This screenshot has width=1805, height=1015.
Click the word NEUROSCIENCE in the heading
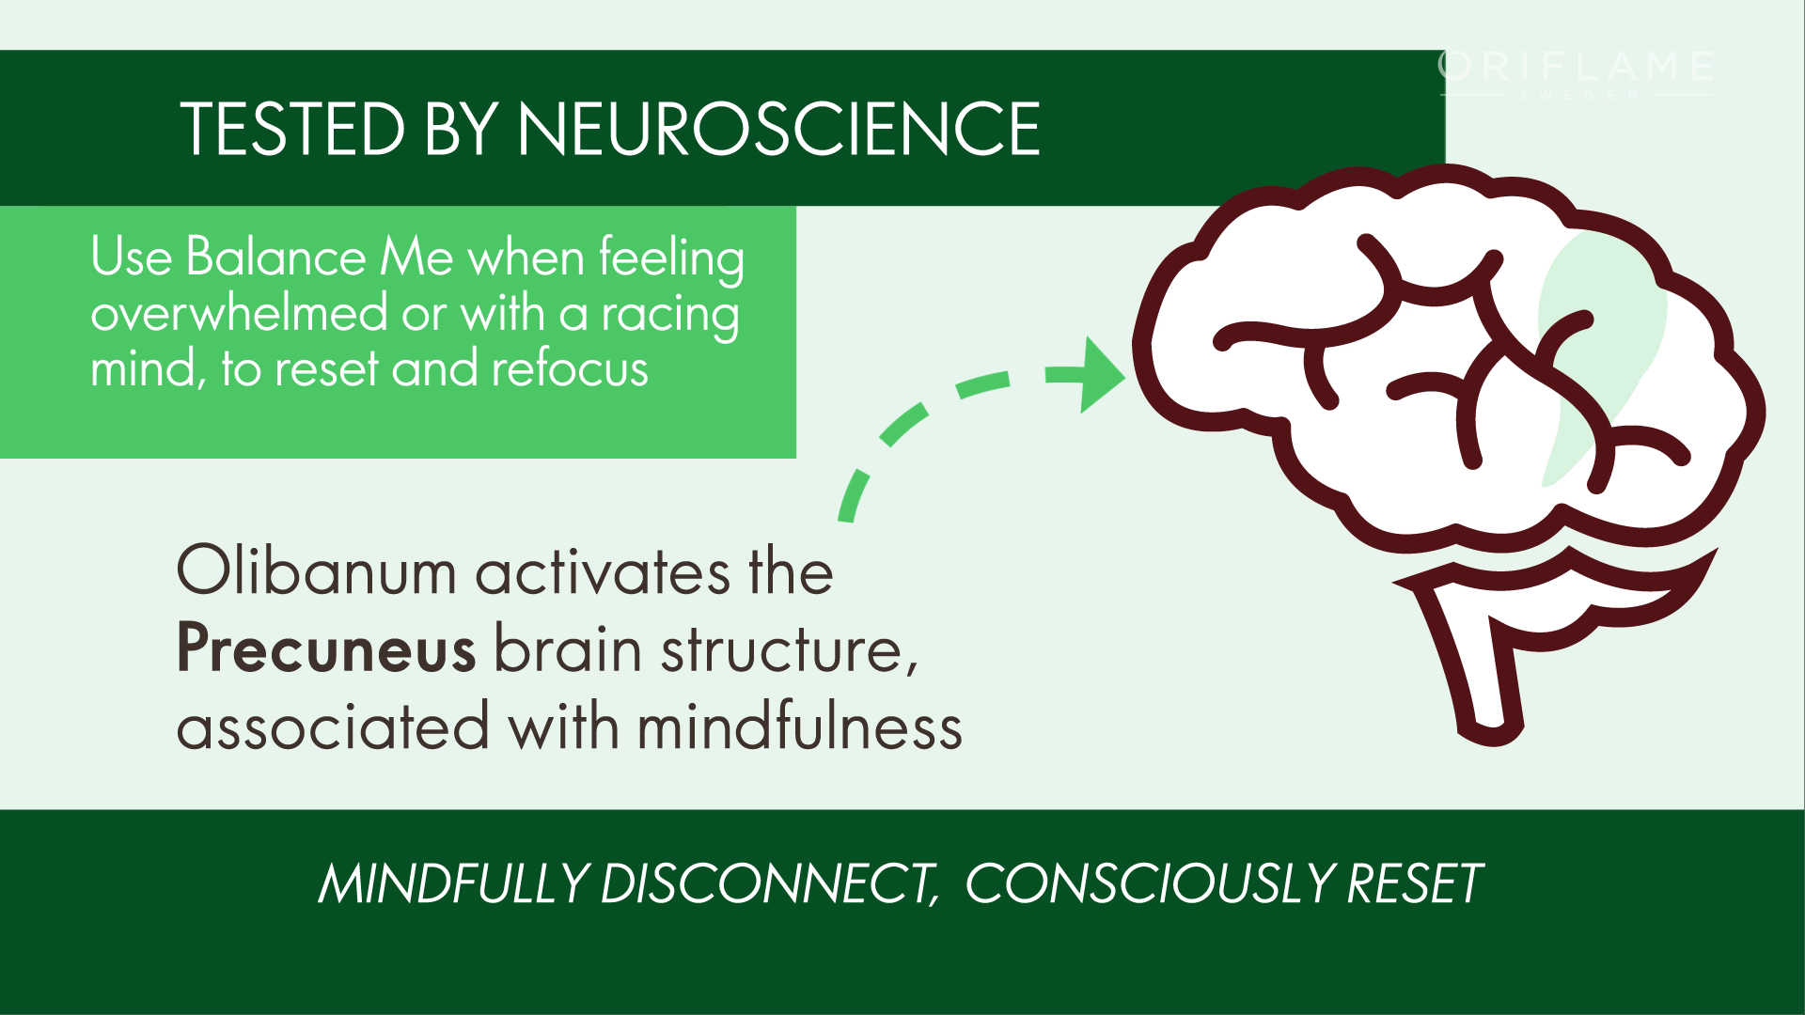click(x=778, y=129)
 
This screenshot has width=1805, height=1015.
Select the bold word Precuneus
click(x=325, y=650)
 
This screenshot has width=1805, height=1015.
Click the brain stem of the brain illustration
click(x=1485, y=677)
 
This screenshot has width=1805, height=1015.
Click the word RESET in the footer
click(x=1415, y=883)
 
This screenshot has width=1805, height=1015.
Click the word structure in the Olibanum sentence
click(x=779, y=650)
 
